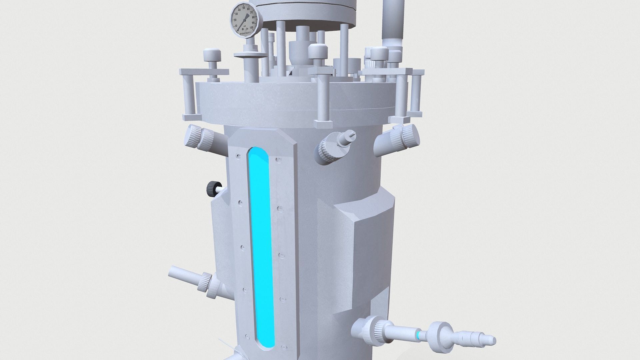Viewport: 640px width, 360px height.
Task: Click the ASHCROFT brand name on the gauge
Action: pyautogui.click(x=245, y=33)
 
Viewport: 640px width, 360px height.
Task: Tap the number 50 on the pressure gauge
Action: pyautogui.click(x=244, y=8)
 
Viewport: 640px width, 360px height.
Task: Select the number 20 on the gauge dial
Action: pyautogui.click(x=235, y=20)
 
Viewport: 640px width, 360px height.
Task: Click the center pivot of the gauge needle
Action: pyautogui.click(x=245, y=20)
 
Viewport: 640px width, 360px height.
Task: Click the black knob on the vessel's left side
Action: pyautogui.click(x=212, y=189)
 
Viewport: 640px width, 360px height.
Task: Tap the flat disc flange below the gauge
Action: pyautogui.click(x=250, y=55)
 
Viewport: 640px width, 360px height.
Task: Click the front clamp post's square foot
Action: pyautogui.click(x=323, y=125)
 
